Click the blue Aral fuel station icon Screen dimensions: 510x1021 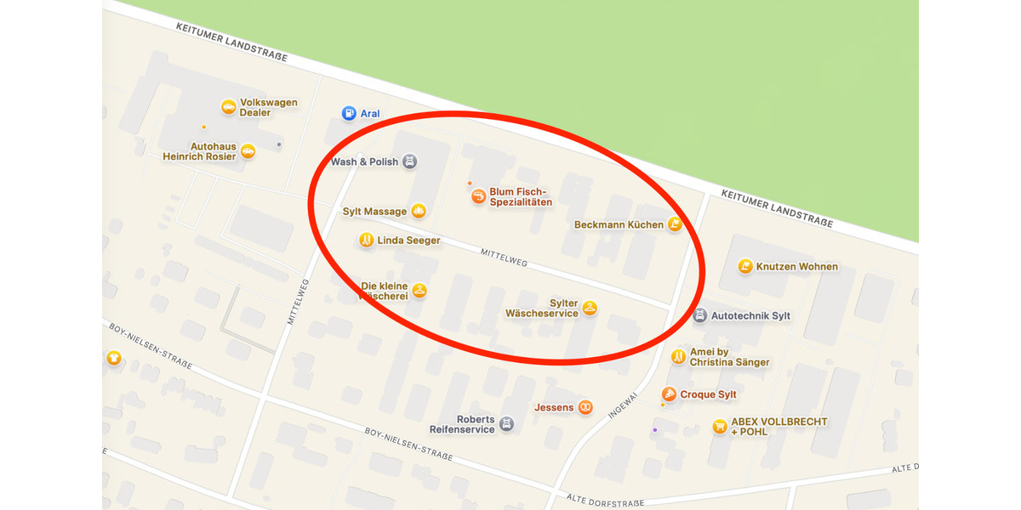pyautogui.click(x=349, y=113)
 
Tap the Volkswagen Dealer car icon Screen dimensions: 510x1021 pyautogui.click(x=228, y=107)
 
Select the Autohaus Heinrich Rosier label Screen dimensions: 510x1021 pyautogui.click(x=201, y=151)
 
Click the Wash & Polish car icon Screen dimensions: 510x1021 pyautogui.click(x=409, y=161)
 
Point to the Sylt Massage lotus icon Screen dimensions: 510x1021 pyautogui.click(x=419, y=211)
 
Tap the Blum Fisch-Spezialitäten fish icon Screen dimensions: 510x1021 pyautogui.click(x=479, y=196)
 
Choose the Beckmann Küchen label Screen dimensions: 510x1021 pyautogui.click(x=619, y=225)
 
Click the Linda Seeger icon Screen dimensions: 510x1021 pyautogui.click(x=367, y=241)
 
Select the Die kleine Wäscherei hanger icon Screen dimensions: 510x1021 pyautogui.click(x=419, y=291)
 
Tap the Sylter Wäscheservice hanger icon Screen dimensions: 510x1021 pyautogui.click(x=590, y=308)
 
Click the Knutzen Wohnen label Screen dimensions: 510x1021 pyautogui.click(x=796, y=267)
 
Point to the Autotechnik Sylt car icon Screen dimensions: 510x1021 pyautogui.click(x=699, y=315)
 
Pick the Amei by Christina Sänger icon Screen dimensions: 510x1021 pyautogui.click(x=678, y=357)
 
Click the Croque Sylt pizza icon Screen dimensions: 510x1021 pyautogui.click(x=670, y=394)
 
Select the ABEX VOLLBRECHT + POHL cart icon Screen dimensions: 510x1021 pyautogui.click(x=720, y=426)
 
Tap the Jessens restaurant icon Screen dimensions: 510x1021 pyautogui.click(x=585, y=408)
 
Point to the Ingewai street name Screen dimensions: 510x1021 pyautogui.click(x=623, y=405)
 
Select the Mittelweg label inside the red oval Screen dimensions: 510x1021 pyautogui.click(x=504, y=258)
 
